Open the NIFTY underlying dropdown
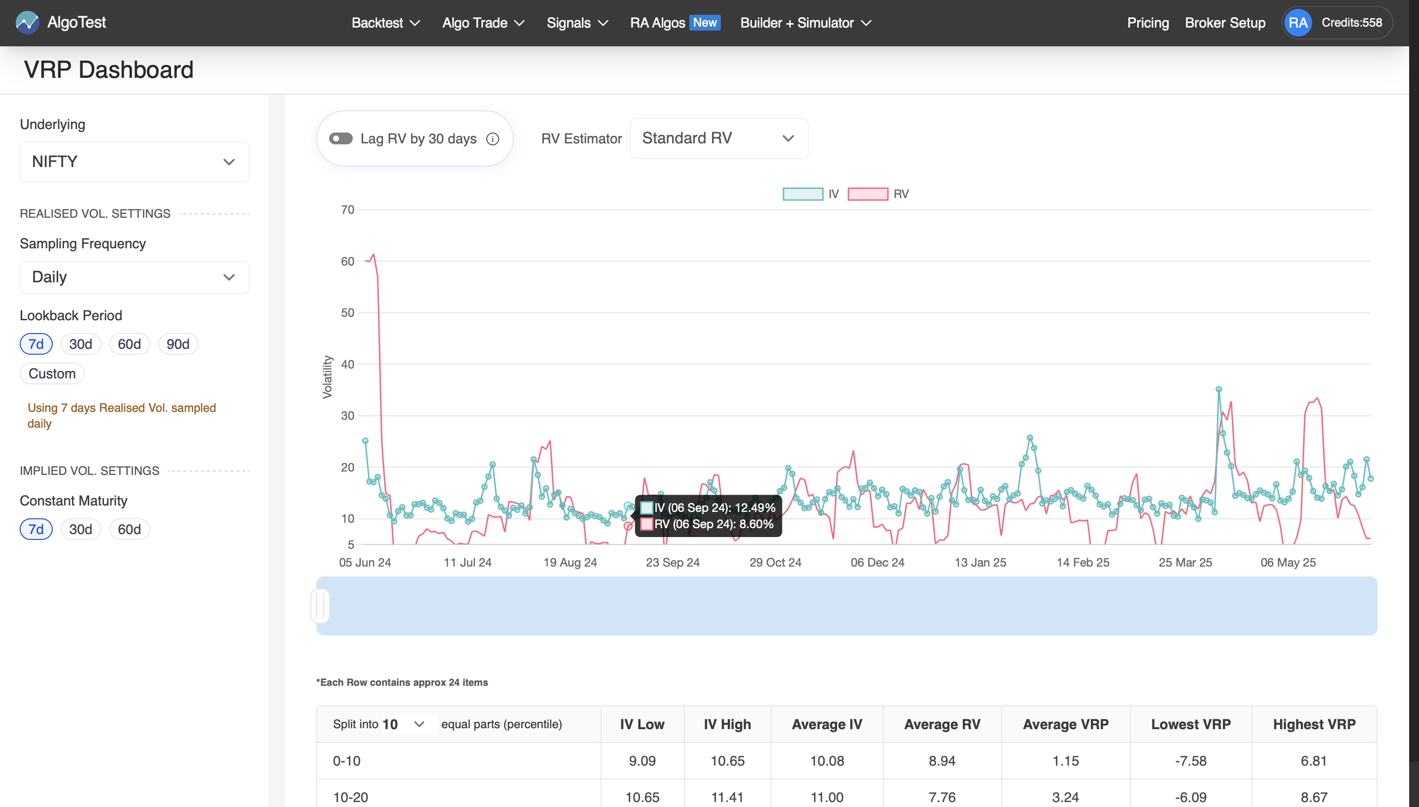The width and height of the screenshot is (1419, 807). click(134, 162)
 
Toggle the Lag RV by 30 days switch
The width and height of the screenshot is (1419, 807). click(340, 138)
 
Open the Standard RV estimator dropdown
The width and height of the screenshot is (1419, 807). click(718, 138)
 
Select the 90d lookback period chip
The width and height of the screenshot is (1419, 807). click(178, 344)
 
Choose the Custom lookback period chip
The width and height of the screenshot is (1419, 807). click(52, 373)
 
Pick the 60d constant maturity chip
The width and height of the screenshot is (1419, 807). click(129, 529)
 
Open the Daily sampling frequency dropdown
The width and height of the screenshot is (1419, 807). click(134, 277)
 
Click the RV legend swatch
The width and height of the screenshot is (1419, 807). click(868, 194)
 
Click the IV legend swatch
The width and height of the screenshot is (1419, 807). click(802, 194)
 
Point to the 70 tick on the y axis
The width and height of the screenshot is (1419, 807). click(347, 210)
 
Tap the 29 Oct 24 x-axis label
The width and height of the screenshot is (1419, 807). click(775, 563)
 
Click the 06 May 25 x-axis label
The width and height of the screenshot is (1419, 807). click(1287, 563)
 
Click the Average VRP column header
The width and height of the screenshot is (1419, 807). click(1065, 724)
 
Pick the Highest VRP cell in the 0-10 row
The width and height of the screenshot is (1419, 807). click(1314, 761)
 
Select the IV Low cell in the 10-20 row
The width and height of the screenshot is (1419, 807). click(642, 798)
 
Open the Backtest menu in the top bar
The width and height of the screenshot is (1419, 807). click(385, 23)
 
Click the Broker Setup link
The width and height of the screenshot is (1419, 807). click(1225, 23)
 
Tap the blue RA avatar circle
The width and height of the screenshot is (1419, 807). click(1298, 23)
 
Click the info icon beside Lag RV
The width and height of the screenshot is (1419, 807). click(492, 139)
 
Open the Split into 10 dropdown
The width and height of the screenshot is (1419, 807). click(404, 724)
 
